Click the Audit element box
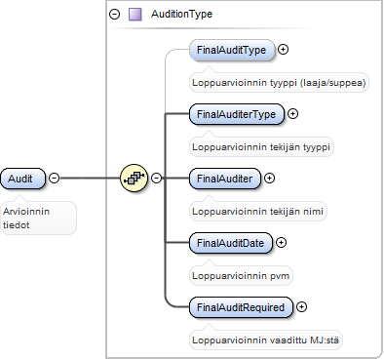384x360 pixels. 22,179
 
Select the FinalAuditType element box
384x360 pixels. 232,50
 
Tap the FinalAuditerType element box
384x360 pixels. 237,114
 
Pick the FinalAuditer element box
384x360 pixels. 225,179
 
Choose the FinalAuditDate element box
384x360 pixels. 231,243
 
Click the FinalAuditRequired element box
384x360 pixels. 241,307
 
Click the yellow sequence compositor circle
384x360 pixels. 134,178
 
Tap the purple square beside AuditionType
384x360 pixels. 135,15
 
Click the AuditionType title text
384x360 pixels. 181,14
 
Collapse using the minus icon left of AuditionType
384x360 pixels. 114,15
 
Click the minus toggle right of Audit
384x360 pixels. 55,178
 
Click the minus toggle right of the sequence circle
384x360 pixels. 157,178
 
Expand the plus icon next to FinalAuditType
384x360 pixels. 284,50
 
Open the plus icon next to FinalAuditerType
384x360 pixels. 293,114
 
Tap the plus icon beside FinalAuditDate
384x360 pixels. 281,243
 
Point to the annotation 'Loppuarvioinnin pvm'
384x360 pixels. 241,276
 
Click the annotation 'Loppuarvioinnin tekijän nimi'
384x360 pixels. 257,212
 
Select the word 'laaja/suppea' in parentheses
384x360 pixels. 333,83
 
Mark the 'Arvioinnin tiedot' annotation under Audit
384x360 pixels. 26,219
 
